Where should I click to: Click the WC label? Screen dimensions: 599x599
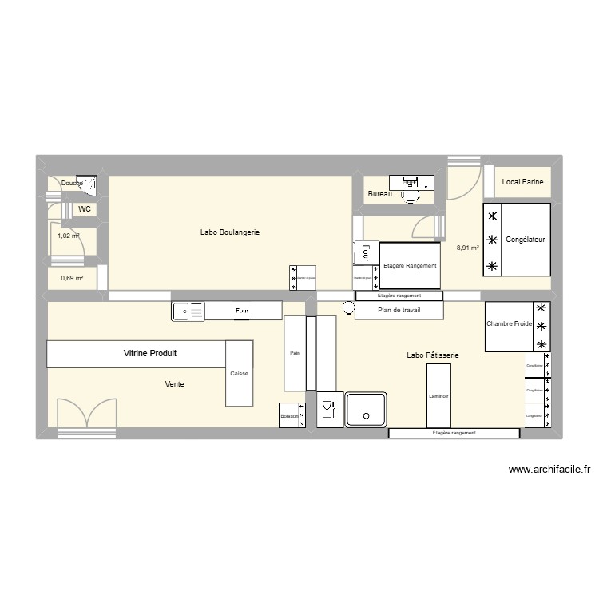pyautogui.click(x=84, y=209)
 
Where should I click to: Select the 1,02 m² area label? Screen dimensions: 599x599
pyautogui.click(x=69, y=236)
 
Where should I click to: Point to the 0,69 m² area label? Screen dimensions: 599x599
pyautogui.click(x=72, y=278)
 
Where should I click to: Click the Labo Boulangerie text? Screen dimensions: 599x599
pyautogui.click(x=230, y=232)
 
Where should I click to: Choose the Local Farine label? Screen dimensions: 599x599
pyautogui.click(x=522, y=182)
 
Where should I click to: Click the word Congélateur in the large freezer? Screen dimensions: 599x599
pyautogui.click(x=526, y=240)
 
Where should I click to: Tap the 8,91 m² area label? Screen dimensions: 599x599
pyautogui.click(x=467, y=248)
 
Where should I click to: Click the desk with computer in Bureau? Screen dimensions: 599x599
pyautogui.click(x=411, y=183)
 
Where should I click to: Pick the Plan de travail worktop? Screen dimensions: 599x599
pyautogui.click(x=399, y=310)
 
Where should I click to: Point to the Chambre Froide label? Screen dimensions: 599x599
pyautogui.click(x=509, y=324)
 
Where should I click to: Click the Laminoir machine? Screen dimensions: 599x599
pyautogui.click(x=438, y=395)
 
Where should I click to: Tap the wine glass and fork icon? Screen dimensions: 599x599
pyautogui.click(x=327, y=410)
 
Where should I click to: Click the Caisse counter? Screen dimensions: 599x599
pyautogui.click(x=239, y=373)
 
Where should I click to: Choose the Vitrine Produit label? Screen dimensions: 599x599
pyautogui.click(x=149, y=353)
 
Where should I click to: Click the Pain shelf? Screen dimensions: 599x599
pyautogui.click(x=295, y=353)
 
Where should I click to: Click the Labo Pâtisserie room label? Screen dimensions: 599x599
pyautogui.click(x=432, y=355)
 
